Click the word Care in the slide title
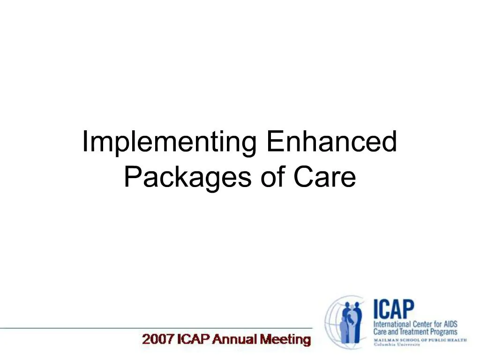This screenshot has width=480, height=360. (324, 177)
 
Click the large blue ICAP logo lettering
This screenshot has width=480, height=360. (394, 309)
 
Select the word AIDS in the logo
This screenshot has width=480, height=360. (450, 324)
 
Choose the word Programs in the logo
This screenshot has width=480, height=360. (443, 332)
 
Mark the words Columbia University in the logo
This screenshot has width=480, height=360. (397, 345)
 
